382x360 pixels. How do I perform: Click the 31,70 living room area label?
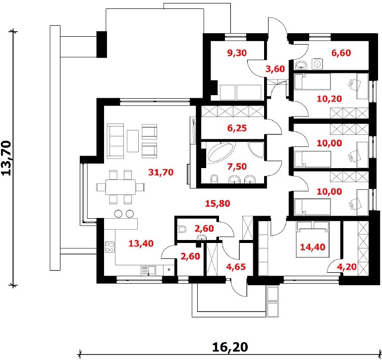(161, 173)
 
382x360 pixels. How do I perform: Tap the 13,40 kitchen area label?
(141, 243)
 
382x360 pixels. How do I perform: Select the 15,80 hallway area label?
(218, 203)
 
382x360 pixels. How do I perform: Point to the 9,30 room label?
(237, 53)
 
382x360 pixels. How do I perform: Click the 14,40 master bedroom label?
(313, 247)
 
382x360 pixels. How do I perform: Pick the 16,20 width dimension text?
(230, 347)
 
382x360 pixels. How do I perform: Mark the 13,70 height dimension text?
(6, 158)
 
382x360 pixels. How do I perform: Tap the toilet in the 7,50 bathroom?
(215, 179)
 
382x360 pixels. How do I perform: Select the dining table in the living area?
(120, 187)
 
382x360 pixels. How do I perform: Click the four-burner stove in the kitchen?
(109, 247)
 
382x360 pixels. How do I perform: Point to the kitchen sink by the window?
(148, 270)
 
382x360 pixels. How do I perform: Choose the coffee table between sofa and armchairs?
(132, 141)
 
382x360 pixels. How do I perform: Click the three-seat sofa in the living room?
(115, 141)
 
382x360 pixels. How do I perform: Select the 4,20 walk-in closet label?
(347, 267)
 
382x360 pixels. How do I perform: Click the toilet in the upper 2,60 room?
(182, 229)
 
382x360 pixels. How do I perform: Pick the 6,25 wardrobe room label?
(237, 128)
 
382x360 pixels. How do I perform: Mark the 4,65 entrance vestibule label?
(236, 267)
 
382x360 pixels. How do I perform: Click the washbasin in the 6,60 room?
(301, 64)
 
